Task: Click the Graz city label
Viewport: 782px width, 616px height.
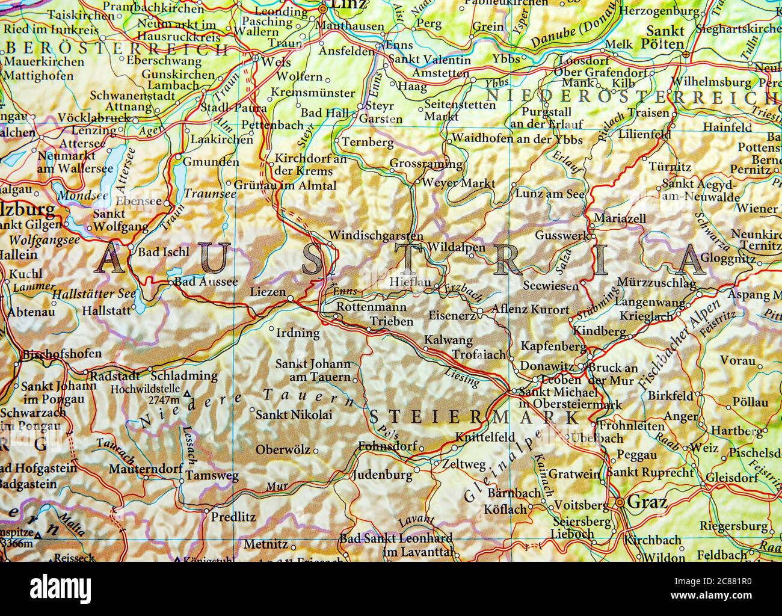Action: tap(647, 501)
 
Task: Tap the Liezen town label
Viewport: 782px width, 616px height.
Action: tap(268, 292)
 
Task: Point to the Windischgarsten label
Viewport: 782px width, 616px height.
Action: tap(376, 236)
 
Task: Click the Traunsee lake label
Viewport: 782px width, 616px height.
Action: tap(209, 194)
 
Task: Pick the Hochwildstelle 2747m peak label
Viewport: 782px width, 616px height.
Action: tap(145, 394)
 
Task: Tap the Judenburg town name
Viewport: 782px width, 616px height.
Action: tap(382, 475)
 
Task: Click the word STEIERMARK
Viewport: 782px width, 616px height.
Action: tap(473, 417)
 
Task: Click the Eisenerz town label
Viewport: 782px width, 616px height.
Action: tap(451, 315)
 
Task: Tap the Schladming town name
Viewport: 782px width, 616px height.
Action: tap(189, 375)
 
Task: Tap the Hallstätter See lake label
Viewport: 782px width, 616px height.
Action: tap(94, 294)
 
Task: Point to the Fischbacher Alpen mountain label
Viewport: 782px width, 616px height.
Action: tap(681, 344)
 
